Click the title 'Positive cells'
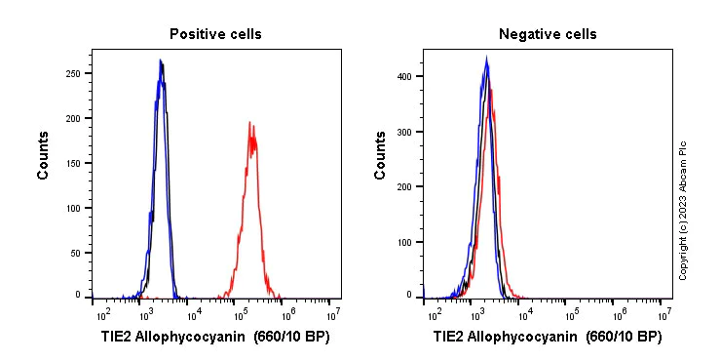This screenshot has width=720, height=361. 215,34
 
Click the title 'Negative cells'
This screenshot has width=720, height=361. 548,34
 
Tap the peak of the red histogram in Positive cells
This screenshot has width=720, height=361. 250,124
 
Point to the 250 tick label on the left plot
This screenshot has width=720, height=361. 72,73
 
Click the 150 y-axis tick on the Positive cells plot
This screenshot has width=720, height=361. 72,163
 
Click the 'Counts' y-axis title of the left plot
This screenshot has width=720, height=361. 44,155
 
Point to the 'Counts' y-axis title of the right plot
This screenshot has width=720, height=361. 381,155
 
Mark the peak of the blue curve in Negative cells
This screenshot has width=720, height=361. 486,58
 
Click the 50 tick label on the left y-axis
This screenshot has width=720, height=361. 75,253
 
